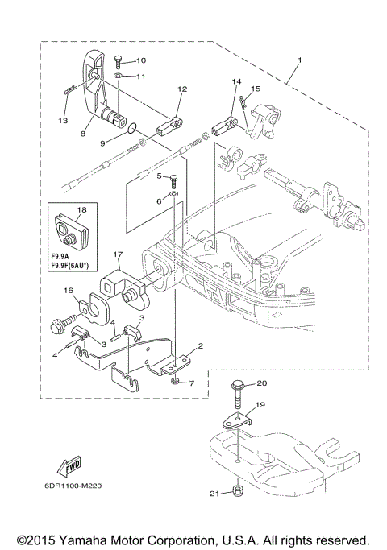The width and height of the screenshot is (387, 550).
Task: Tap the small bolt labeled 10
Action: pyautogui.click(x=119, y=60)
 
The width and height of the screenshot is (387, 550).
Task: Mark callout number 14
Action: pyautogui.click(x=236, y=81)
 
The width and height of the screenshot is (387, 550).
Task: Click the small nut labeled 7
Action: pyautogui.click(x=175, y=381)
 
